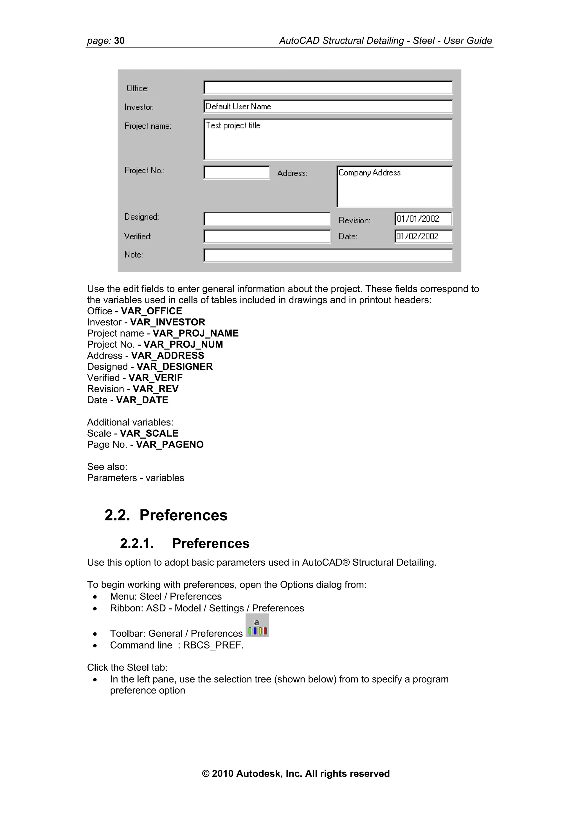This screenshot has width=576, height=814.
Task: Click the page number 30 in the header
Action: (119, 41)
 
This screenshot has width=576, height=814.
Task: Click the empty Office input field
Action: (328, 88)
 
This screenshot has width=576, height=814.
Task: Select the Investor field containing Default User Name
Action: (328, 106)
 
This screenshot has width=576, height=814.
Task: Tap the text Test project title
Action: (233, 126)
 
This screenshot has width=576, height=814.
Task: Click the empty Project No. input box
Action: (237, 173)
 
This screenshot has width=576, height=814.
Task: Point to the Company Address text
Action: (370, 173)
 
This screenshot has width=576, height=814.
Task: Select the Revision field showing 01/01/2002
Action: (423, 219)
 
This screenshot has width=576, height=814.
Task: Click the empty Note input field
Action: (328, 255)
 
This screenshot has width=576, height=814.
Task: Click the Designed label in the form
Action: (141, 217)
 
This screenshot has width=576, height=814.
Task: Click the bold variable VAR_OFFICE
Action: (151, 311)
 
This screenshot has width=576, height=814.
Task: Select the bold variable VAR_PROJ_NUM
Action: (183, 344)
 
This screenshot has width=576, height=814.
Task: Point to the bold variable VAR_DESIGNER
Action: (175, 367)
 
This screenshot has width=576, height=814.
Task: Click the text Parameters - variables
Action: (136, 478)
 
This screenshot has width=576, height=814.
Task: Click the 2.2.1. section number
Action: (137, 543)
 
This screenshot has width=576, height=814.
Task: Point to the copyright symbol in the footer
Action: (206, 774)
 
